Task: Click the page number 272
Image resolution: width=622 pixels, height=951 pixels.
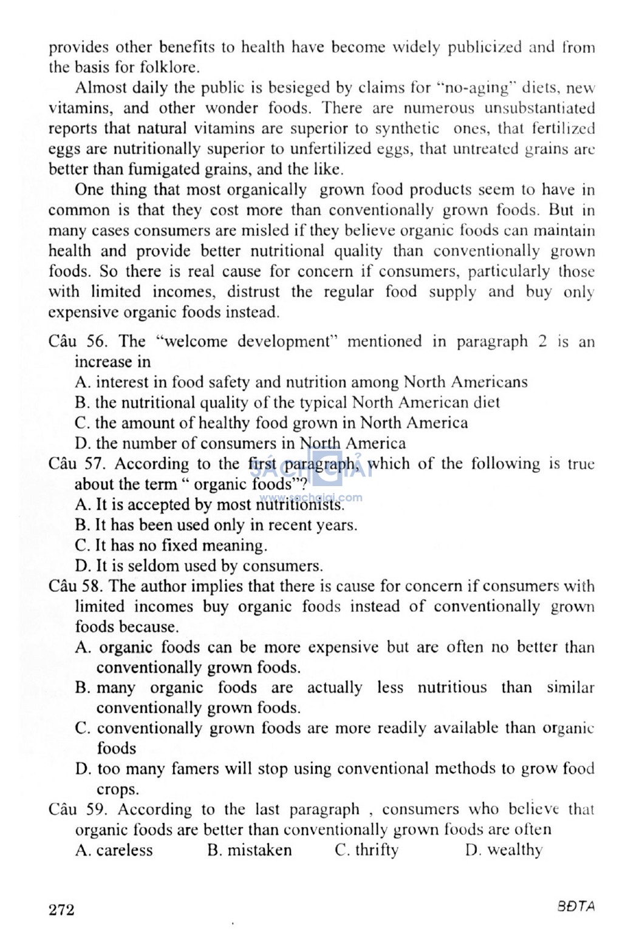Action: pos(61,910)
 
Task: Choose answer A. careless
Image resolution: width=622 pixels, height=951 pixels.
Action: pos(114,850)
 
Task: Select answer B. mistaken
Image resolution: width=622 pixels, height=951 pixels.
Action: pos(249,850)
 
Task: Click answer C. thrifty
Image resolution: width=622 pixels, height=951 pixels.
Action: pos(367,850)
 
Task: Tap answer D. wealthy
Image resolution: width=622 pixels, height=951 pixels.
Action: pos(504,850)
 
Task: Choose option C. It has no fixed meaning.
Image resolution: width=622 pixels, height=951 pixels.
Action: pos(171,545)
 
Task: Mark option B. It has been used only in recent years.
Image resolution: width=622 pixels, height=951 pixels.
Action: pos(216,525)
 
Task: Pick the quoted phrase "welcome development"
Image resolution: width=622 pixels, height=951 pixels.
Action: pos(247,341)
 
